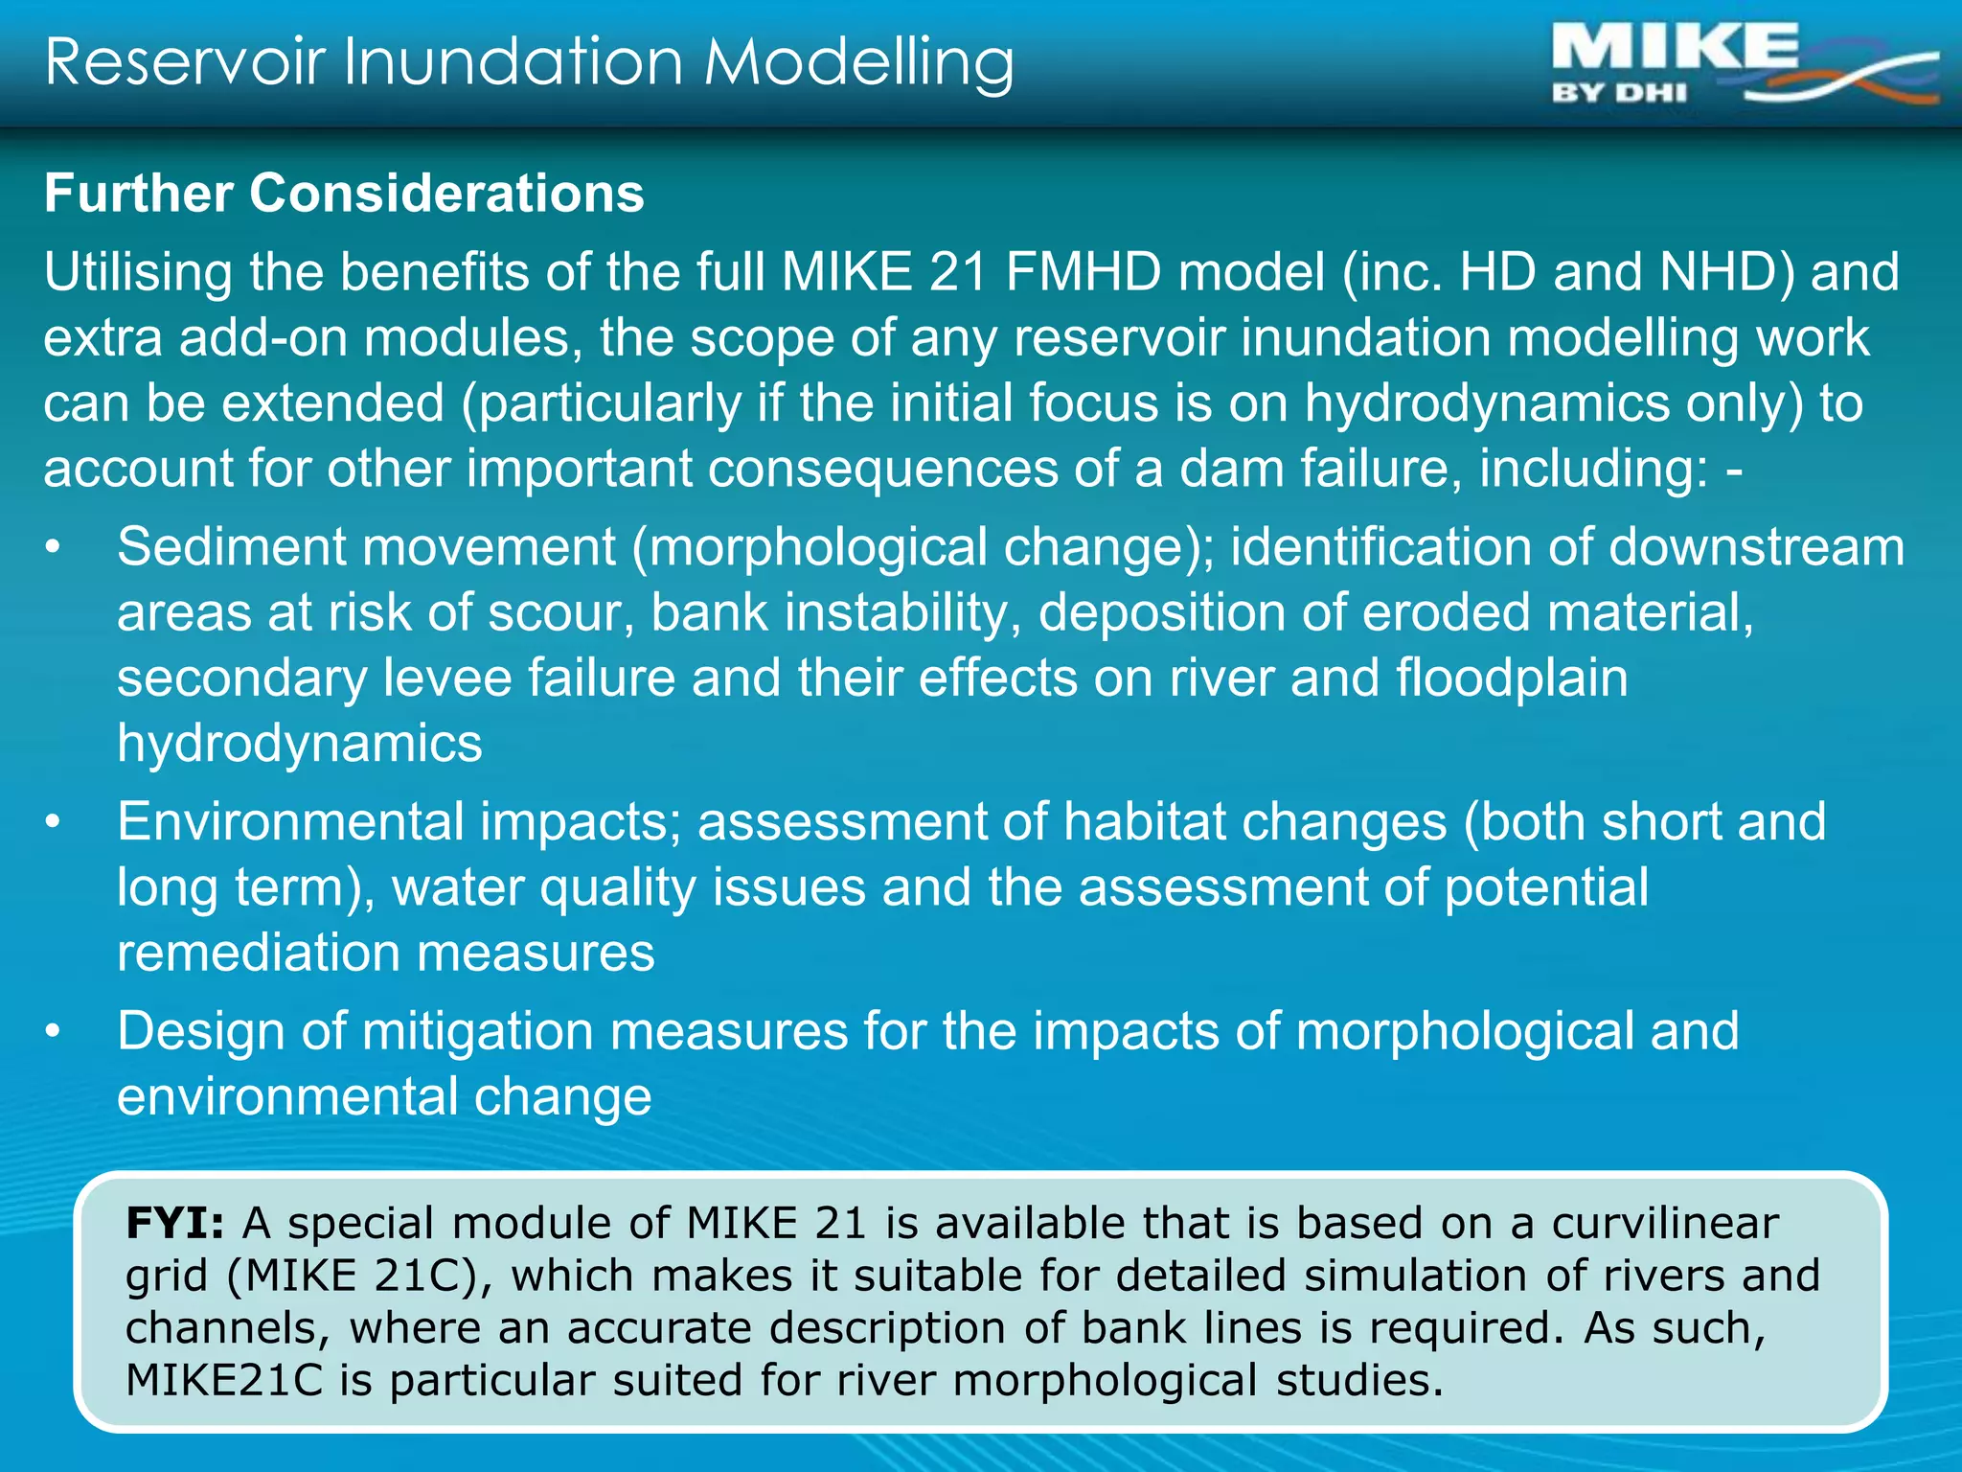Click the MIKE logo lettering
click(x=1676, y=48)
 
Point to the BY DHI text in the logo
click(x=1619, y=94)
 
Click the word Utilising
click(x=138, y=272)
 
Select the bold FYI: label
click(x=175, y=1224)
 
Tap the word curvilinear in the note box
click(x=1665, y=1224)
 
